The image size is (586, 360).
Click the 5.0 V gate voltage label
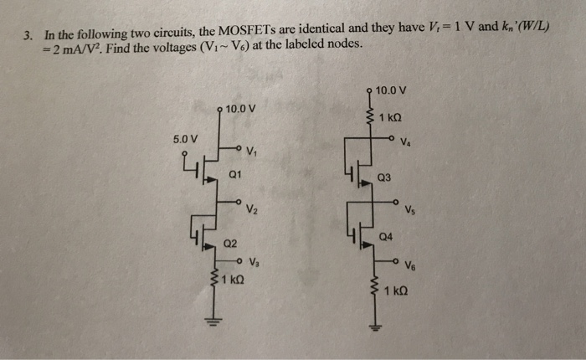(x=185, y=136)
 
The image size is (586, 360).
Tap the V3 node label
(x=255, y=262)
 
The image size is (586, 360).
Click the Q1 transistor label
(x=235, y=176)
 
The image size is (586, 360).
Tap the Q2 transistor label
(x=230, y=244)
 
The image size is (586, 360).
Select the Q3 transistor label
(x=384, y=177)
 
